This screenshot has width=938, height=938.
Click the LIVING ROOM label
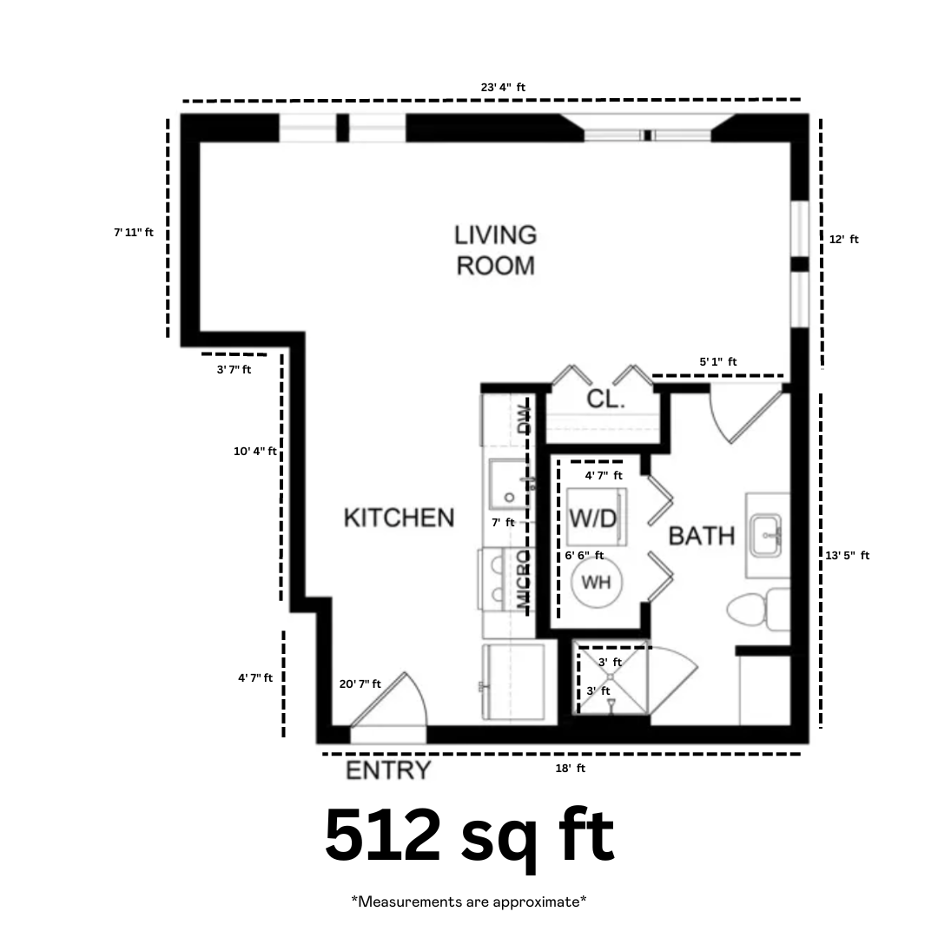tap(495, 251)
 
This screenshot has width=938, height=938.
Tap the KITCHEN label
tap(399, 518)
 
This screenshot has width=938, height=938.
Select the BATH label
tap(702, 536)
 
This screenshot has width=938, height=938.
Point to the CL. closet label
tap(606, 399)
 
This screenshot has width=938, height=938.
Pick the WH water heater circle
tap(597, 582)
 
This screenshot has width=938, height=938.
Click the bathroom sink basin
tap(766, 535)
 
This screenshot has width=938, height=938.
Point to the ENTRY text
tap(388, 770)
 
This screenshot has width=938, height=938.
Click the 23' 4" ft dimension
tap(503, 88)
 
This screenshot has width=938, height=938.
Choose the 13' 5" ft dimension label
tap(847, 555)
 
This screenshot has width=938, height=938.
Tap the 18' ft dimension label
tap(570, 768)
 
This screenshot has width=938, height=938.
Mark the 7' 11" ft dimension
tap(134, 232)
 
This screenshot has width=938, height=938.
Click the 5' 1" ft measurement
tap(718, 361)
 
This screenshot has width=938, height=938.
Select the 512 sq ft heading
tap(470, 836)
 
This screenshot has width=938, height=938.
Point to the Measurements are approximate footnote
tap(469, 901)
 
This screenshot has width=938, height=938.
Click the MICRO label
tap(523, 580)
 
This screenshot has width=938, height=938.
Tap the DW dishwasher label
tap(524, 419)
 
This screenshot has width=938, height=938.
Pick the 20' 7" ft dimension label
tap(360, 684)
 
